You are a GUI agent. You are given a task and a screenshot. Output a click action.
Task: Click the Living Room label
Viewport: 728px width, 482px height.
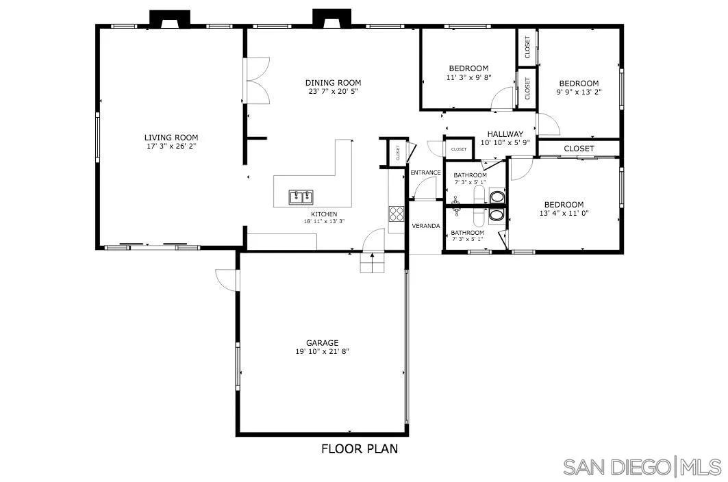171,137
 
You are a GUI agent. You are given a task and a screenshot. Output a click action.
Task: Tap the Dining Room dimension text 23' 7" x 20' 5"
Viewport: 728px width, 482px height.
333,91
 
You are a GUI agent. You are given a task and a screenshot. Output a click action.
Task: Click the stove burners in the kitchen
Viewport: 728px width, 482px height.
397,214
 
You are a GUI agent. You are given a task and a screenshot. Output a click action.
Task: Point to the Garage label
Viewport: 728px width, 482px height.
322,343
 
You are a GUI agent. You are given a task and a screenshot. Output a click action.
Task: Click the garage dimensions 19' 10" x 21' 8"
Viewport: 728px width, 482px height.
322,352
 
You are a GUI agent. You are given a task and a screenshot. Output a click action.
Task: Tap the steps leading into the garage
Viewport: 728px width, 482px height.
373,263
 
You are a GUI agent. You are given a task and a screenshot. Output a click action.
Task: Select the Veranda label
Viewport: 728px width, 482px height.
425,226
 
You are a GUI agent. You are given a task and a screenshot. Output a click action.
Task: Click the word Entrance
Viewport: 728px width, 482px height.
425,173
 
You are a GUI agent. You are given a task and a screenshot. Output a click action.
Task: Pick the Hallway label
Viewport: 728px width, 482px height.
505,134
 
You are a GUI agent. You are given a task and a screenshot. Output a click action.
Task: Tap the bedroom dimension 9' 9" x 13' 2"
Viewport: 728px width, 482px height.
578,92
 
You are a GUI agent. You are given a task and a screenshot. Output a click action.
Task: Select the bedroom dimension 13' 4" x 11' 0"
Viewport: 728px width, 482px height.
564,213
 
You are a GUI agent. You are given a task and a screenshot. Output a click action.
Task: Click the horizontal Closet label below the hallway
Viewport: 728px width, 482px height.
579,149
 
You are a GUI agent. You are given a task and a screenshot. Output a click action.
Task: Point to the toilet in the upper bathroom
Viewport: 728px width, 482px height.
497,199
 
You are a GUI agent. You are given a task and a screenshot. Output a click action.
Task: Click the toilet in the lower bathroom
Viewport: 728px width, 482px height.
497,215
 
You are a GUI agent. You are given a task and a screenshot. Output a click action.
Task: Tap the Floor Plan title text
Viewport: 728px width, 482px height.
359,449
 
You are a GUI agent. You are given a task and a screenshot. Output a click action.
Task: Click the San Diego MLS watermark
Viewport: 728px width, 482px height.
642,467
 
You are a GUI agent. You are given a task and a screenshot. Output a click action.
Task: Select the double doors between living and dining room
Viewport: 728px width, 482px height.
256,81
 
